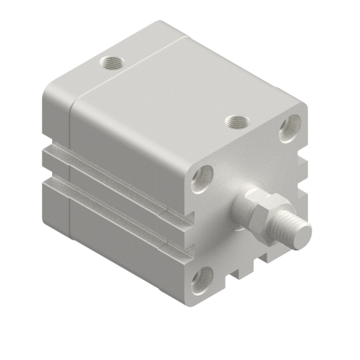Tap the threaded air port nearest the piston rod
coord(236,122)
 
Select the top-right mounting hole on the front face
coord(290,127)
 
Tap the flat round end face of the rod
coord(301,235)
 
